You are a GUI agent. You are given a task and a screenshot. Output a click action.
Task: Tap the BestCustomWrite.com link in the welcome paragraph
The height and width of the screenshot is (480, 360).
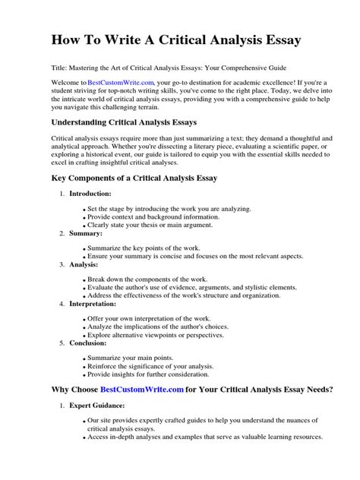coord(121,81)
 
